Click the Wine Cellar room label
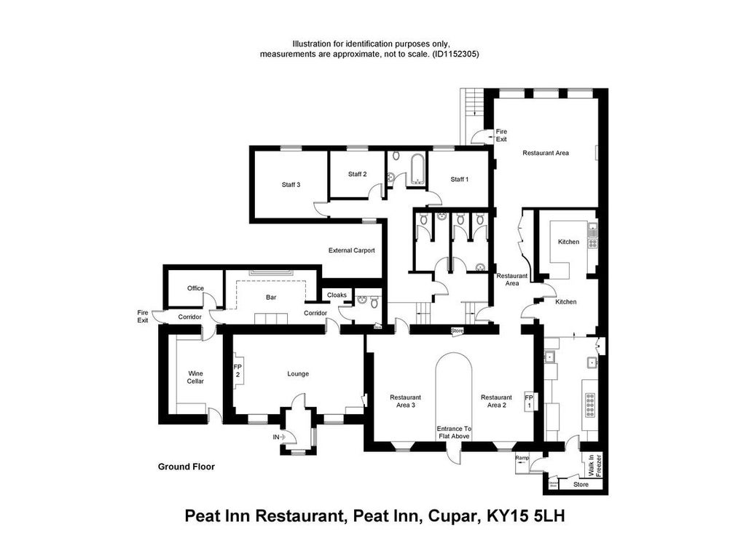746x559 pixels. coord(195,376)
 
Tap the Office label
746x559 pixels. coord(195,288)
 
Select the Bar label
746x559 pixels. coord(271,298)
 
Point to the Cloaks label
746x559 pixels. coord(337,295)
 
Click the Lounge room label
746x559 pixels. coord(298,374)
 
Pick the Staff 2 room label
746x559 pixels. coord(357,174)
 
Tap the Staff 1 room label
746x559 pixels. coord(459,179)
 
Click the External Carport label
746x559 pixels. coord(352,250)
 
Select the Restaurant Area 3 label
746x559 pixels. coord(405,401)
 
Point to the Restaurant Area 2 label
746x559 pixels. coord(496,401)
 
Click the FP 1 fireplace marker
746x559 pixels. coord(529,401)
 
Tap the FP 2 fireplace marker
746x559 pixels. coord(237,370)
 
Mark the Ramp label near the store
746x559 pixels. coord(522,458)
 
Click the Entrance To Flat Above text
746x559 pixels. coord(454,432)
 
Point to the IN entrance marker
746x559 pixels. coord(276,437)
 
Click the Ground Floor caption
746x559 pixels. coord(186,467)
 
